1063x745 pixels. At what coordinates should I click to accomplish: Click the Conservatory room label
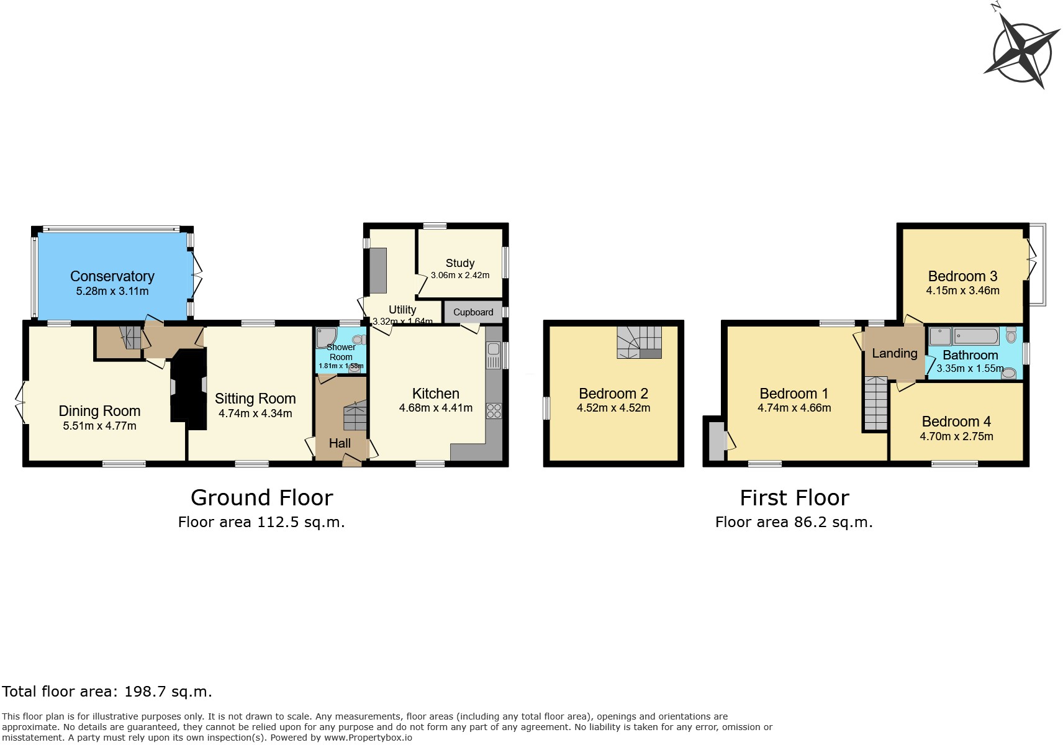tap(112, 276)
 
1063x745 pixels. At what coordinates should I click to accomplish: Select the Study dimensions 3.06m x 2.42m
tap(459, 275)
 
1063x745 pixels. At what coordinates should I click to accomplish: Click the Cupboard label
tap(473, 312)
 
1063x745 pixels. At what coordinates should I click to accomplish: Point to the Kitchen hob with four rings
tap(494, 410)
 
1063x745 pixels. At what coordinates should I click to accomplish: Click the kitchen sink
tap(494, 356)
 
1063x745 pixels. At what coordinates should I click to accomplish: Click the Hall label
tap(340, 443)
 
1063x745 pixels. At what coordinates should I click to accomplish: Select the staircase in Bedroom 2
tap(639, 343)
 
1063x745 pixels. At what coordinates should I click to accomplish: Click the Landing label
tap(894, 353)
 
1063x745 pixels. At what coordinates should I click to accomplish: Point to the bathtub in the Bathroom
tap(975, 336)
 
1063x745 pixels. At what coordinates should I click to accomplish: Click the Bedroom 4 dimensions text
tap(956, 436)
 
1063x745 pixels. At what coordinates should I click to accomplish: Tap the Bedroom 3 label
tap(962, 276)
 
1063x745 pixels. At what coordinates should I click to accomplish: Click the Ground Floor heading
tap(261, 498)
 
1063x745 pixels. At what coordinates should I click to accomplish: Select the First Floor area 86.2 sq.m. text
tap(794, 522)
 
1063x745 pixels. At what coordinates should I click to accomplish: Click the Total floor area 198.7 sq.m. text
tap(107, 692)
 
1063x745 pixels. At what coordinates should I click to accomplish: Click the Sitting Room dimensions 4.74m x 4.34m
tap(255, 413)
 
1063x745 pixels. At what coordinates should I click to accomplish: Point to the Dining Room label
tap(99, 411)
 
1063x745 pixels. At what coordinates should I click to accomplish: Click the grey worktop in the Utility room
tap(378, 270)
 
